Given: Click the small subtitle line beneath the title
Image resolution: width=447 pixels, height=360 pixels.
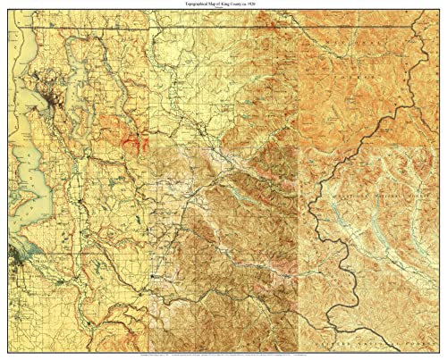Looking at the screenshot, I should [x=223, y=13].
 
